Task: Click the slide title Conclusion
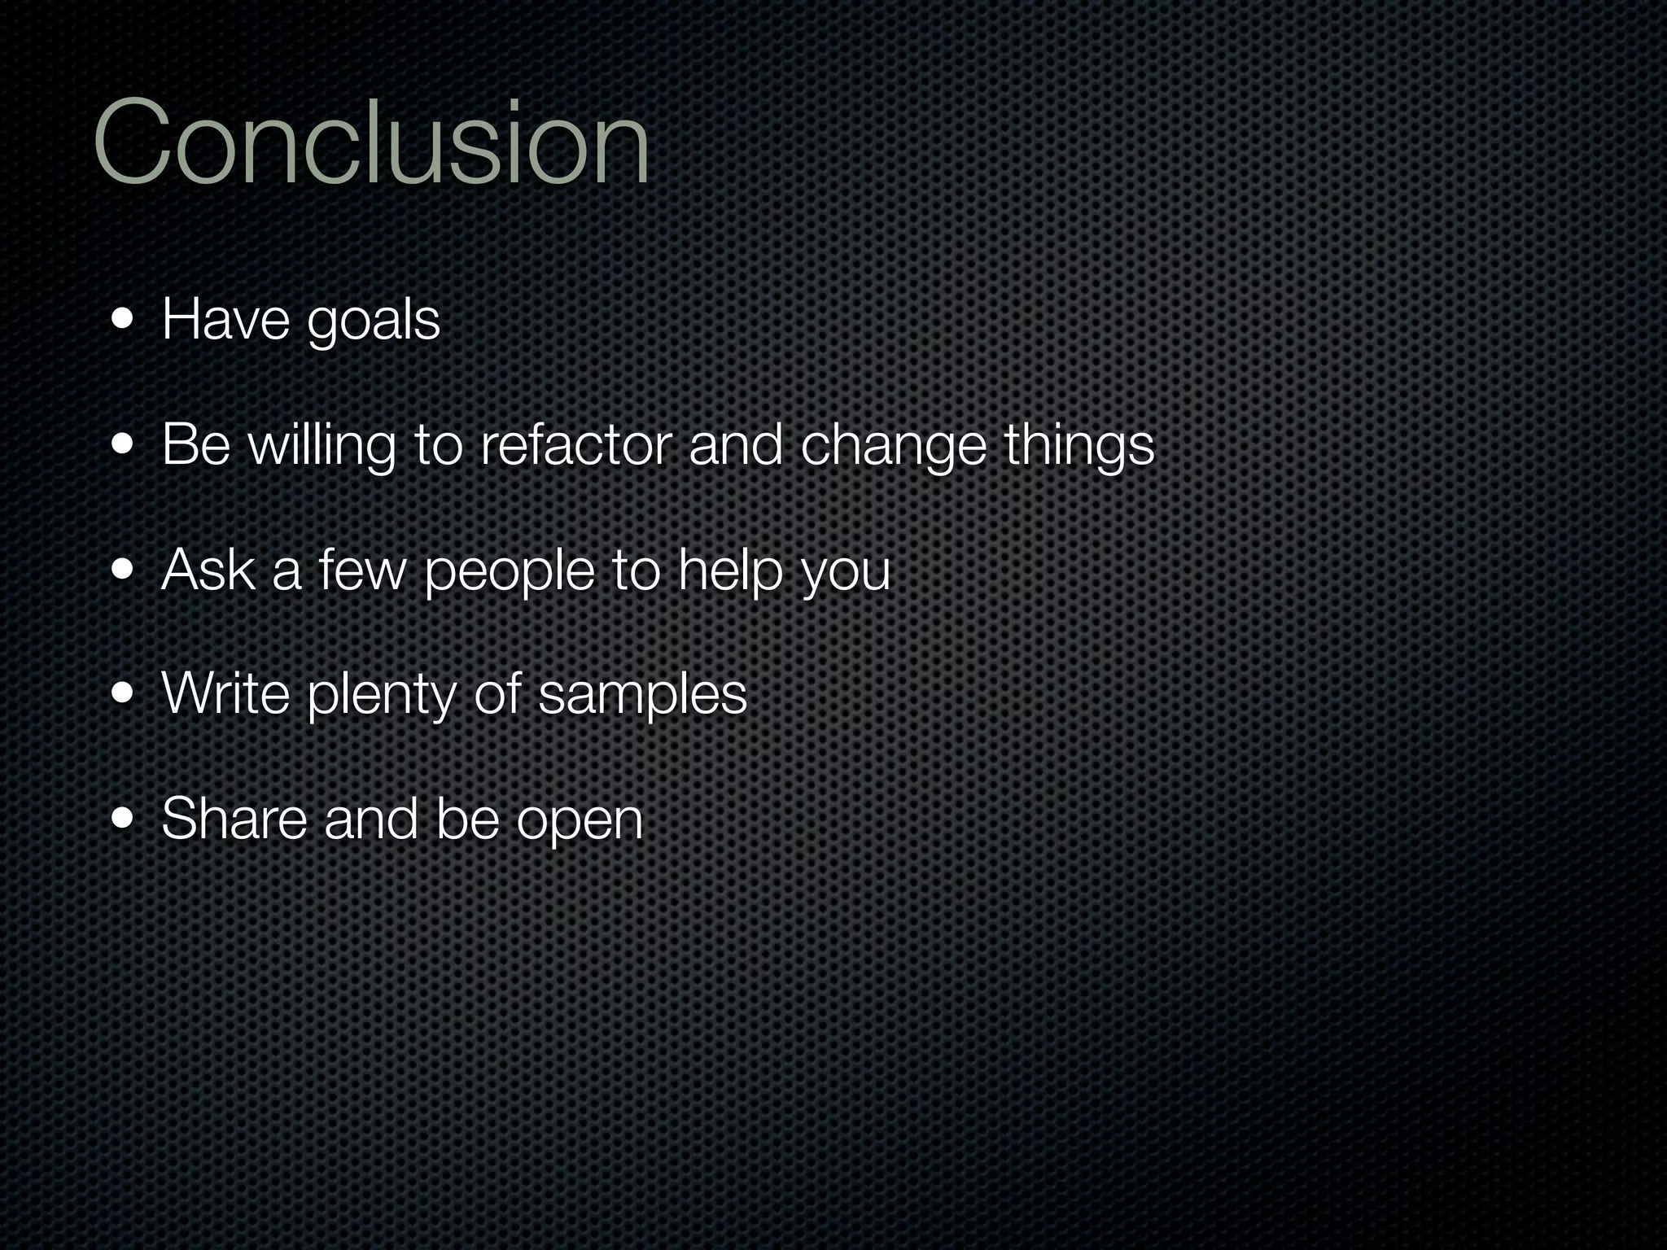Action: [371, 142]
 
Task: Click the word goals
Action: [373, 322]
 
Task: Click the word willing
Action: [322, 448]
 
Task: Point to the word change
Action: [893, 448]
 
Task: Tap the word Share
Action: [234, 819]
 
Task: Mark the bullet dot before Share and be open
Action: [124, 818]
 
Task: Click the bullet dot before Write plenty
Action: [124, 694]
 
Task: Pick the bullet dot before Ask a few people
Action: [124, 570]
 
